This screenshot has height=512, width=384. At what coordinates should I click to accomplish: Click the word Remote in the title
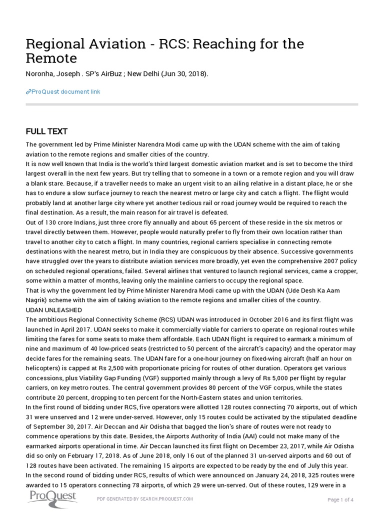click(x=51, y=58)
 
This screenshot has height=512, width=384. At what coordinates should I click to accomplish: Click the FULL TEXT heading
click(x=46, y=131)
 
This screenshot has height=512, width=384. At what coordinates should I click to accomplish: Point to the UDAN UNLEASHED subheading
click(x=53, y=310)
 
